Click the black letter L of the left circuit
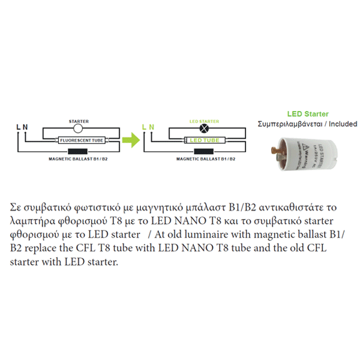pyautogui.click(x=18, y=127)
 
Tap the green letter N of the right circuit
pyautogui.click(x=151, y=127)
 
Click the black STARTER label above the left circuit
pyautogui.click(x=79, y=121)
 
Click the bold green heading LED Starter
pyautogui.click(x=307, y=114)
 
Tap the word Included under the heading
pyautogui.click(x=343, y=124)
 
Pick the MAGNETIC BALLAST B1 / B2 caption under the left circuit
pyautogui.click(x=79, y=160)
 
